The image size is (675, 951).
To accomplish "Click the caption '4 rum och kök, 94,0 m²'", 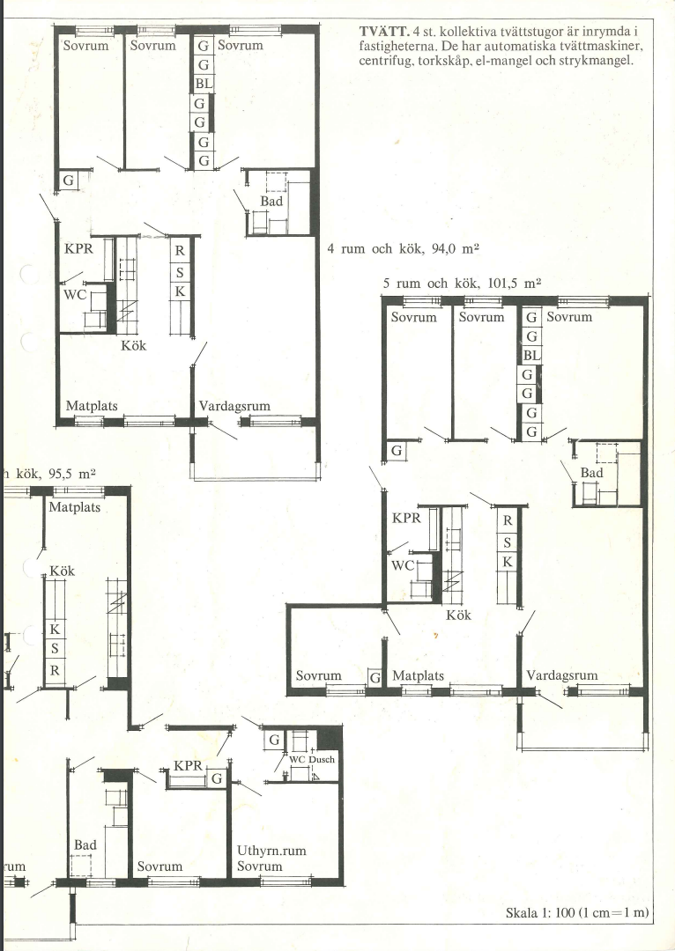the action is pyautogui.click(x=404, y=248).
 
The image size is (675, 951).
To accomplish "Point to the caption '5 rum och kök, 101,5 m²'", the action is pyautogui.click(x=462, y=284).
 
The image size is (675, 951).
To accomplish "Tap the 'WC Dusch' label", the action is pyautogui.click(x=312, y=759).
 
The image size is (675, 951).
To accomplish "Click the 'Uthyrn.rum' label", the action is pyautogui.click(x=271, y=851).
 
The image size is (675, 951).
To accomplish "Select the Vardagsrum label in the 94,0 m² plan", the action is pyautogui.click(x=234, y=406).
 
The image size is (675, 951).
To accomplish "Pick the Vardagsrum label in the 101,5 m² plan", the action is pyautogui.click(x=562, y=675).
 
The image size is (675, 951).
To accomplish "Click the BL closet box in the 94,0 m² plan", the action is pyautogui.click(x=204, y=84).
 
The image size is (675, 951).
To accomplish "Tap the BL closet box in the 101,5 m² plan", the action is pyautogui.click(x=531, y=356).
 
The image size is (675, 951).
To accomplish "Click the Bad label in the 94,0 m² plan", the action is pyautogui.click(x=271, y=201).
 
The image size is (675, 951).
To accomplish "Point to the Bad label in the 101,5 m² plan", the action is pyautogui.click(x=592, y=473).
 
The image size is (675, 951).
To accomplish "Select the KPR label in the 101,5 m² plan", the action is pyautogui.click(x=406, y=518).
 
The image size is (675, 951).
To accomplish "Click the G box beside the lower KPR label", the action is pyautogui.click(x=217, y=778).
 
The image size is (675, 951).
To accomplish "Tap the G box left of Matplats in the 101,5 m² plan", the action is pyautogui.click(x=375, y=677).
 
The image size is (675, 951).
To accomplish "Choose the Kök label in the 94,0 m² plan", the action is pyautogui.click(x=134, y=346).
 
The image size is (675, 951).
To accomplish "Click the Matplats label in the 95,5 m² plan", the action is pyautogui.click(x=75, y=507).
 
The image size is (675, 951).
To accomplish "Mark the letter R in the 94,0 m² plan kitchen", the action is pyautogui.click(x=180, y=250).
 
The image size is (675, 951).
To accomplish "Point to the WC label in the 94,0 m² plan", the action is pyautogui.click(x=75, y=295).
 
